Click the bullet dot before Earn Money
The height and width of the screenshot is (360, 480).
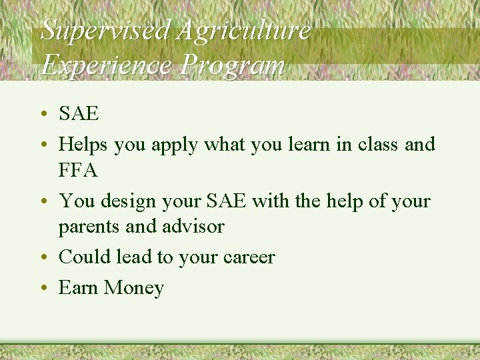point(43,288)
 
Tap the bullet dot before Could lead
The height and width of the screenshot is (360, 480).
point(43,257)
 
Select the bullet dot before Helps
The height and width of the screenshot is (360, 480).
point(43,144)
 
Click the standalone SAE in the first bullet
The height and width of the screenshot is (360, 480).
point(79,114)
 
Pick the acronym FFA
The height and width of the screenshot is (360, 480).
point(79,171)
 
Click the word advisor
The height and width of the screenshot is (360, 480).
point(193,227)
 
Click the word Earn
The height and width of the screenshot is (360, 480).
point(77,288)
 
